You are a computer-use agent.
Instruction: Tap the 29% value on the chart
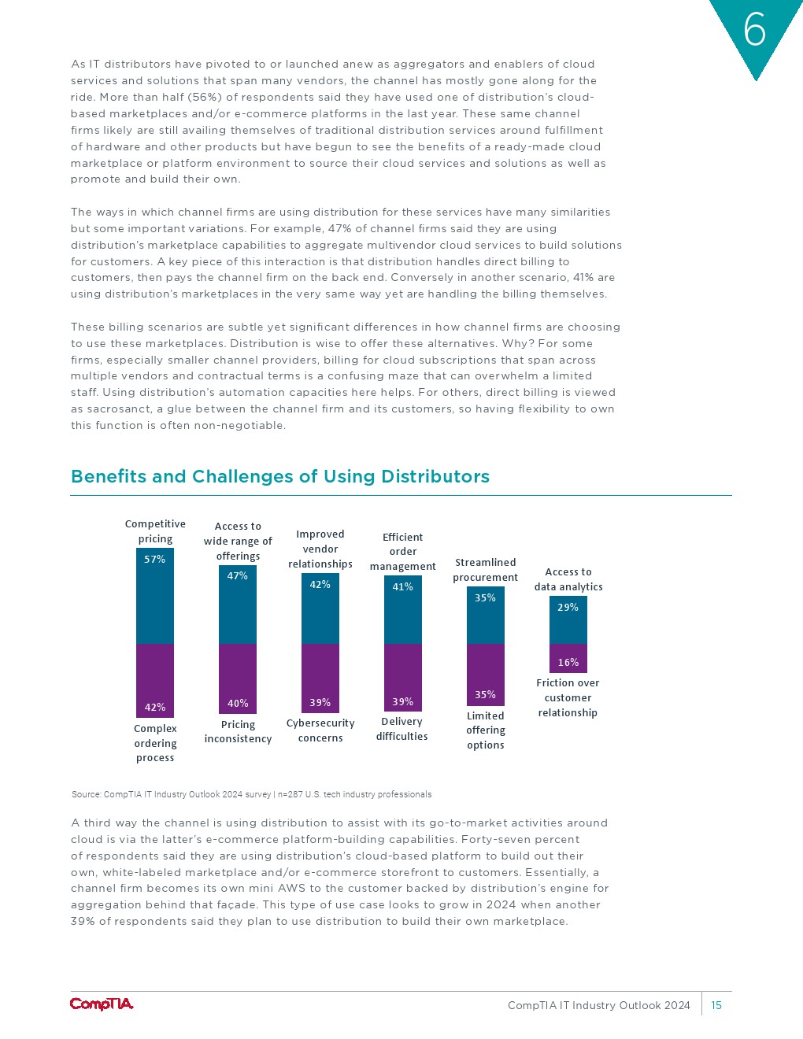568,608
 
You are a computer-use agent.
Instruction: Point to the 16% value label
568,663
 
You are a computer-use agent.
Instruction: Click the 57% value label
155,560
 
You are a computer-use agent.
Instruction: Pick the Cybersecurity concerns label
320,730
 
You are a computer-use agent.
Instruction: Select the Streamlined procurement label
485,570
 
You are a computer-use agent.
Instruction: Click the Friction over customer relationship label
568,698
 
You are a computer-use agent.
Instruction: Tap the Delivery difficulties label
402,729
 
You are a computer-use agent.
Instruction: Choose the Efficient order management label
402,552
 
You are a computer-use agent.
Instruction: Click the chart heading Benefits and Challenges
280,477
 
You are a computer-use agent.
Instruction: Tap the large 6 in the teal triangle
754,31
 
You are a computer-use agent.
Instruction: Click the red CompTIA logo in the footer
102,1004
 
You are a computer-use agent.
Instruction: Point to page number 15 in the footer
716,1005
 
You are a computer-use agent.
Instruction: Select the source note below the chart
251,794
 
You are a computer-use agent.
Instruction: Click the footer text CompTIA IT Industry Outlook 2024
598,1005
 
